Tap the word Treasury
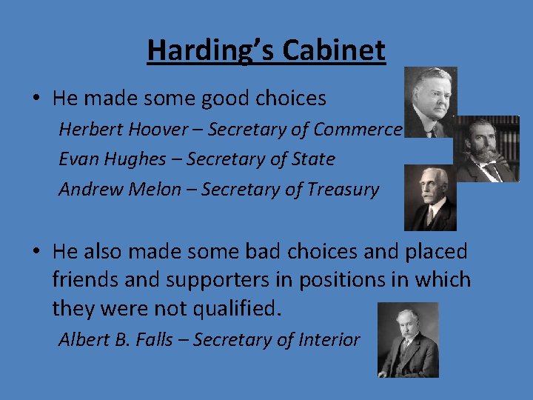342,190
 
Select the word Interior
329,340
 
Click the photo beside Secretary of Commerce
430,102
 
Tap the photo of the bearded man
486,149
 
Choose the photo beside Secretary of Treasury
430,197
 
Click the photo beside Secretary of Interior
408,339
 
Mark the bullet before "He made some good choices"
37,99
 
